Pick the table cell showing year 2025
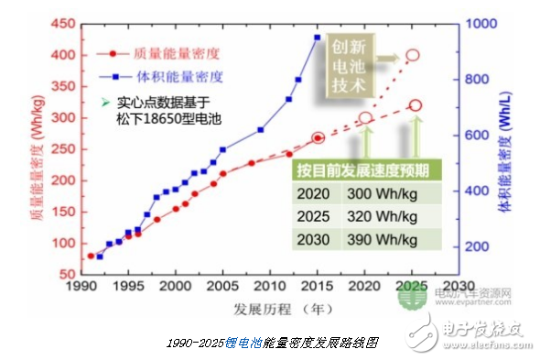tap(314, 215)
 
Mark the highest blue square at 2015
tap(317, 38)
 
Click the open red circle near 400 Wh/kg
tap(412, 55)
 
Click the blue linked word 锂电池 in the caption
tap(245, 341)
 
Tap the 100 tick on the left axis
tap(56, 243)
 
